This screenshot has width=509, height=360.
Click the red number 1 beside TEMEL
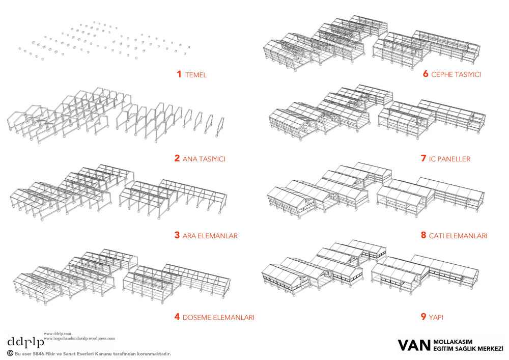179,74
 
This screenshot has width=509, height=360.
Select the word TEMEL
196,75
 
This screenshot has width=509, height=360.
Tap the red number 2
177,158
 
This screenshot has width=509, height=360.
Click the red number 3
177,235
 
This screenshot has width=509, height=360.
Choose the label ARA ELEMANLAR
210,236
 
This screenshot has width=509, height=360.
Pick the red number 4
177,317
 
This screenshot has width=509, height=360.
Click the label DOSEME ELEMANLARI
219,317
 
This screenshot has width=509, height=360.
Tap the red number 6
425,74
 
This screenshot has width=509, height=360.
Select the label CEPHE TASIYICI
456,75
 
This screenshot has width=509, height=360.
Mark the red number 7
423,158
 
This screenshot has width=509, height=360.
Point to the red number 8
423,235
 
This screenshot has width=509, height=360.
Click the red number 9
423,317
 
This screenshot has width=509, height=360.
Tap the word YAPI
436,317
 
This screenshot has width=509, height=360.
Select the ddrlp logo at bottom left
25,341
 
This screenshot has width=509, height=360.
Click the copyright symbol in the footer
10,353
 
